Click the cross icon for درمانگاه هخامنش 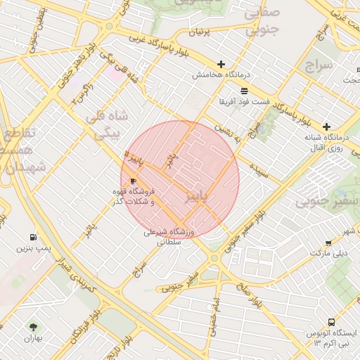pos(221,64)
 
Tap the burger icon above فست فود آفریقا pos(244,91)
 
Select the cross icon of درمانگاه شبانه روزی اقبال pos(326,127)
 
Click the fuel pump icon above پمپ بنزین pos(34,238)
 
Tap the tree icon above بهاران pos(32,327)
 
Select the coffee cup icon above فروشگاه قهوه pos(134,181)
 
